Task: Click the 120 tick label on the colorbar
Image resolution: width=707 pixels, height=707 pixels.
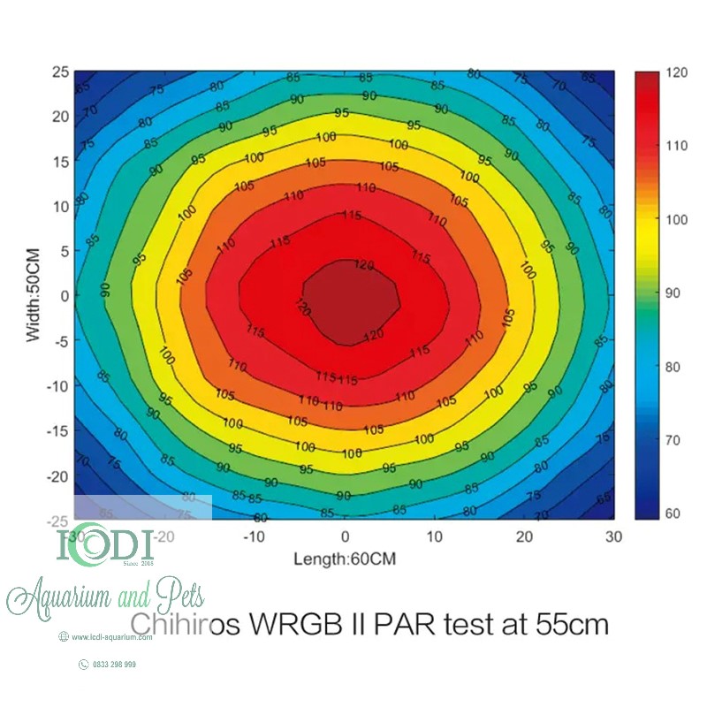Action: (x=677, y=74)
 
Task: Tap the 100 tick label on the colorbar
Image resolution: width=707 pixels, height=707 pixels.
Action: (x=678, y=220)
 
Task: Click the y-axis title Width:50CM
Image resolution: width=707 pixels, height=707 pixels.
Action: (x=34, y=294)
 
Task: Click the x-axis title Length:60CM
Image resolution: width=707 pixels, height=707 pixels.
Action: (x=346, y=559)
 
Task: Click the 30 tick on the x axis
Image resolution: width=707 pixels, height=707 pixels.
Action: (x=613, y=536)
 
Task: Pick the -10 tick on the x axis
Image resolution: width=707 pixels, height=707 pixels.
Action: (x=254, y=536)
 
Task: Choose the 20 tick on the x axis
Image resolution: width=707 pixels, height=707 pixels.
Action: (x=524, y=536)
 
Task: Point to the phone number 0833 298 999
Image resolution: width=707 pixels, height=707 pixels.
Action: (x=114, y=664)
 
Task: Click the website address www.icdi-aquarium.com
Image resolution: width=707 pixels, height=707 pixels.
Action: (x=115, y=636)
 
